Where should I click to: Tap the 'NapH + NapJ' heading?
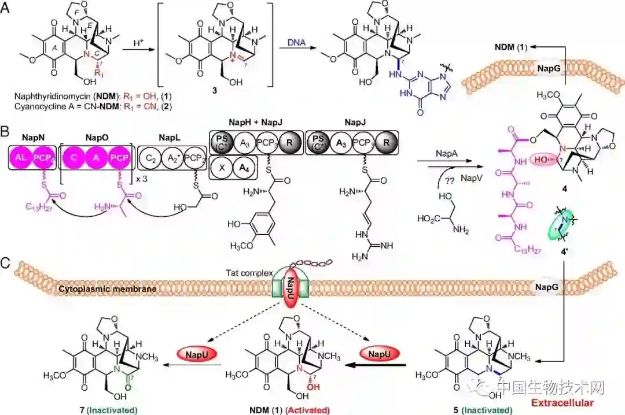click(x=252, y=122)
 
